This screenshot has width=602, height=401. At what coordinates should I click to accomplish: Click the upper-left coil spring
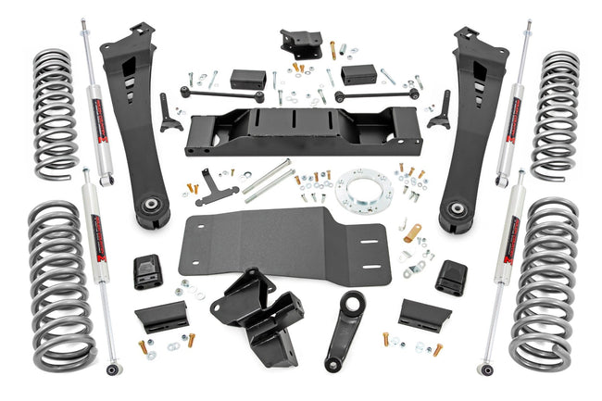click(56, 109)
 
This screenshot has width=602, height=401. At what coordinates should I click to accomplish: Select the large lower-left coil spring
click(60, 284)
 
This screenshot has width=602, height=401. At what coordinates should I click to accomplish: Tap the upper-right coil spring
click(556, 109)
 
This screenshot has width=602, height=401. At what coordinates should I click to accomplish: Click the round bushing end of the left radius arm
click(149, 207)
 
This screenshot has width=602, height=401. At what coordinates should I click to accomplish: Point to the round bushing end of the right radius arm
click(456, 209)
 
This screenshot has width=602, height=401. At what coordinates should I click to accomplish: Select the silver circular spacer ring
click(363, 190)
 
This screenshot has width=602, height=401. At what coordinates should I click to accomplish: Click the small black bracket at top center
click(301, 43)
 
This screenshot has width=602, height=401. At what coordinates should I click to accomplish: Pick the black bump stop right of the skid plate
click(451, 275)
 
